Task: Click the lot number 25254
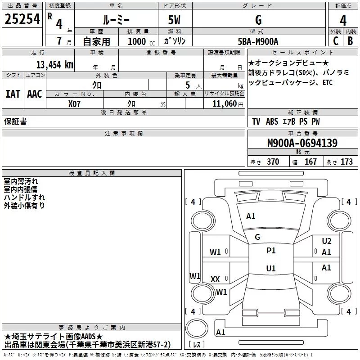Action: (x=22, y=20)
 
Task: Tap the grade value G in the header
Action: (x=258, y=20)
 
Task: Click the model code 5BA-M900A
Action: (x=258, y=41)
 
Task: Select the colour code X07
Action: (x=75, y=103)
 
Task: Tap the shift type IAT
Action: (x=13, y=94)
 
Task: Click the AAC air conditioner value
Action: (x=35, y=94)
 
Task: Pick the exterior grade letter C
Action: (x=335, y=41)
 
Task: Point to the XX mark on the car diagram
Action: (x=215, y=279)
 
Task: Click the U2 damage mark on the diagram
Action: (x=326, y=241)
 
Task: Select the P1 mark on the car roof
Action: (x=271, y=251)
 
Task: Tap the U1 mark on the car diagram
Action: (x=271, y=269)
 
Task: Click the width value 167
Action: (x=310, y=162)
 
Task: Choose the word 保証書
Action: (x=15, y=121)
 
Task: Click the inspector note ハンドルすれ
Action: (x=24, y=197)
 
